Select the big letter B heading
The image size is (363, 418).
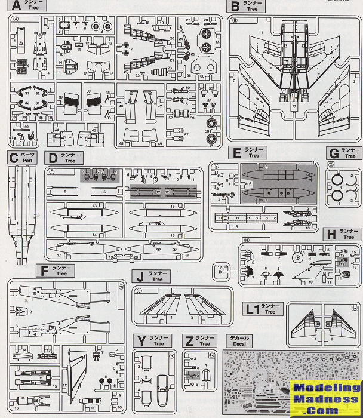(235, 7)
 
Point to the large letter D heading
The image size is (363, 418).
(53, 158)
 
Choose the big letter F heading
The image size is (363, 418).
(43, 272)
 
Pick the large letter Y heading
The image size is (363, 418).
(141, 340)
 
